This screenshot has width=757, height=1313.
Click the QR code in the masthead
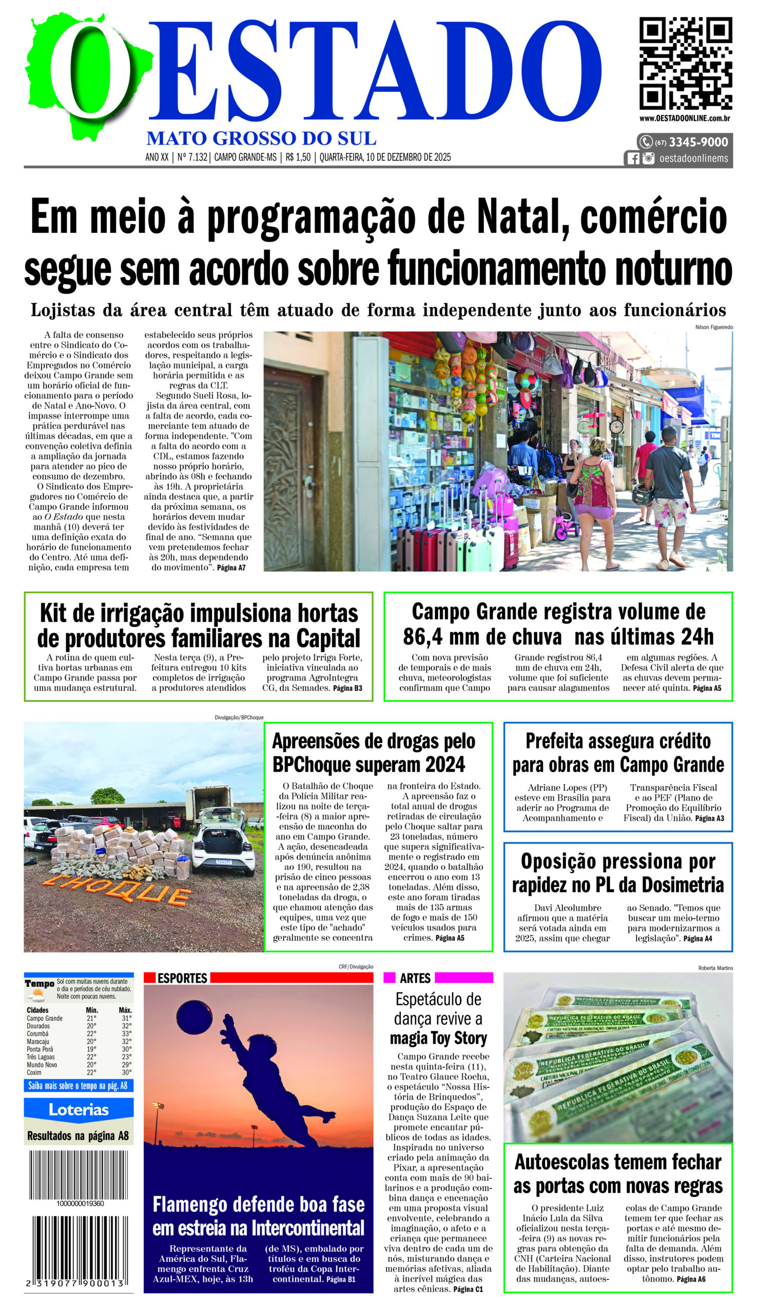685,64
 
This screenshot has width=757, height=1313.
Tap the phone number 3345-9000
698,143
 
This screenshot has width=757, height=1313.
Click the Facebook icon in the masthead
633,158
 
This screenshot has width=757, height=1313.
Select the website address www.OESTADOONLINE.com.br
685,118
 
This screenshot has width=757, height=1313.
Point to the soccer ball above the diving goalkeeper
194,1017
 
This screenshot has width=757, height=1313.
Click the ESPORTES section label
182,978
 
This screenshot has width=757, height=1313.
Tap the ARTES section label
415,978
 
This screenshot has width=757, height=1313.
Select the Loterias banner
79,1110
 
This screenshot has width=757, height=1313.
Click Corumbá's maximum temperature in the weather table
126,1033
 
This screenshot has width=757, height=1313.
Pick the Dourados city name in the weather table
38,1026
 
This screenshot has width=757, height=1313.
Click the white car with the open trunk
224,842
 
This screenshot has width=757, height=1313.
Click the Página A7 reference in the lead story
231,568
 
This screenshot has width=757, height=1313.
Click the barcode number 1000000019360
80,1203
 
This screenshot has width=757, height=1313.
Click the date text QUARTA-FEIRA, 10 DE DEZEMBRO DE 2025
385,157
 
